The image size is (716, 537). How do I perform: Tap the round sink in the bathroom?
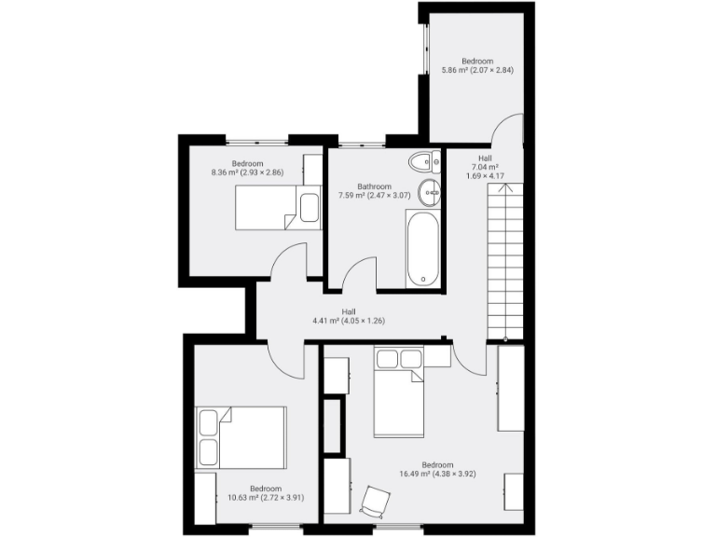430,193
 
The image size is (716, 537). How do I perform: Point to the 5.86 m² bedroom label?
477,65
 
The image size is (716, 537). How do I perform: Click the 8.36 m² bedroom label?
247,168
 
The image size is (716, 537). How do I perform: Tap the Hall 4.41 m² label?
349,316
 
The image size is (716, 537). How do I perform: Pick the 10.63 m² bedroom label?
266,493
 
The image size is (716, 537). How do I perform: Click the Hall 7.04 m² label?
485,167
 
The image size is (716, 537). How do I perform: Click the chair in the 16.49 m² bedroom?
373,501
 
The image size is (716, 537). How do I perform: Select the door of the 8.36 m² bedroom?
288,261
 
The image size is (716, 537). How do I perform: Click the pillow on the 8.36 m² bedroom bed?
309,207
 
